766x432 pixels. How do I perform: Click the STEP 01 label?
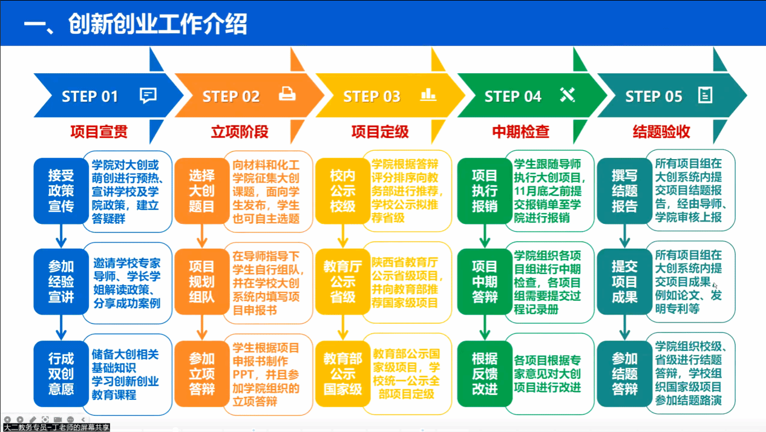(90, 96)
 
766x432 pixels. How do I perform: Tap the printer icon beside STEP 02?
(287, 94)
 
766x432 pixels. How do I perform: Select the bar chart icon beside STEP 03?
(428, 94)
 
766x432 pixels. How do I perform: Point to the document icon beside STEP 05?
(705, 95)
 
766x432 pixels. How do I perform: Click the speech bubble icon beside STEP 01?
(148, 95)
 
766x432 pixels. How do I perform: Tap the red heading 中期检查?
(520, 132)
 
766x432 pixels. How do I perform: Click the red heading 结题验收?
(661, 132)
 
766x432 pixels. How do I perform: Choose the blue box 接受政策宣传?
(61, 191)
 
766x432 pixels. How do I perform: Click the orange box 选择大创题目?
(201, 191)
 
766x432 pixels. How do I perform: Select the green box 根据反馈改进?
(484, 373)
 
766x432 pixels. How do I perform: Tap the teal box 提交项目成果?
(624, 281)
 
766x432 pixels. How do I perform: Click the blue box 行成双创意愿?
(61, 373)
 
